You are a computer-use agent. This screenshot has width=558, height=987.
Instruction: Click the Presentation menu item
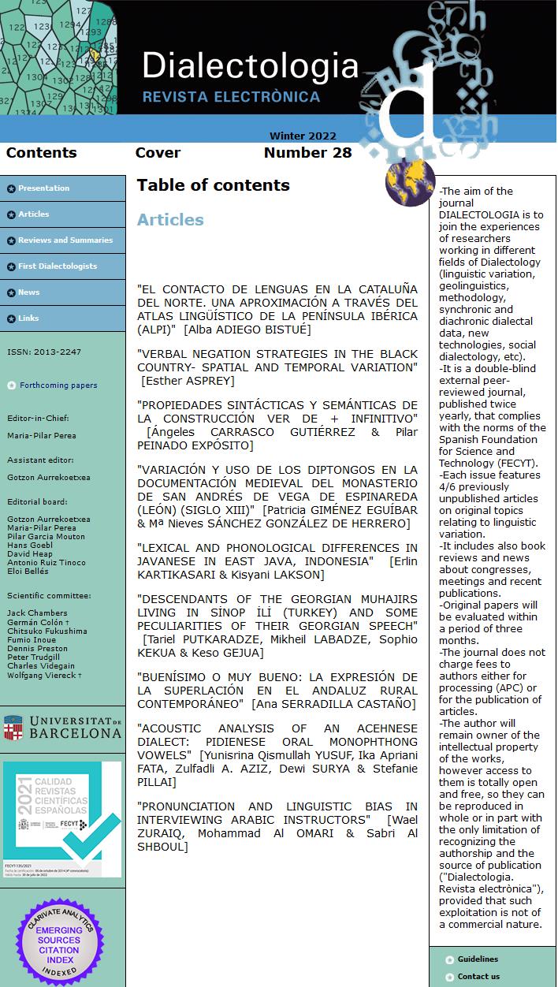[x=44, y=188]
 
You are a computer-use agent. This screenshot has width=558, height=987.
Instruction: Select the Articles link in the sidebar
[x=34, y=214]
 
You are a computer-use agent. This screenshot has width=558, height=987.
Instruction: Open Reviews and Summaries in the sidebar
[x=65, y=240]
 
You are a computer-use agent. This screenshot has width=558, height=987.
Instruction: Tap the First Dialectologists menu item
[x=58, y=266]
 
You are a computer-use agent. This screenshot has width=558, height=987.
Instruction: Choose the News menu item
[x=29, y=292]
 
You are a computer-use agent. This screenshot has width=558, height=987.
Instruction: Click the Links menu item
[x=28, y=318]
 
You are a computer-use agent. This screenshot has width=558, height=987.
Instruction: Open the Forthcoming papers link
[x=58, y=385]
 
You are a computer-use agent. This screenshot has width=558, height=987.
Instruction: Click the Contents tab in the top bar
[x=42, y=153]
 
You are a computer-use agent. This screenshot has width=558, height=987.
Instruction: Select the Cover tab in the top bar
[x=158, y=153]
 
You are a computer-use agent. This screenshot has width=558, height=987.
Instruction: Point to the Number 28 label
[x=307, y=153]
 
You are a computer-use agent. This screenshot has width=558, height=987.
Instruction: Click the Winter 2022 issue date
[x=303, y=136]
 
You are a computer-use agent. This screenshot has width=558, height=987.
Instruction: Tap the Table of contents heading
[x=214, y=185]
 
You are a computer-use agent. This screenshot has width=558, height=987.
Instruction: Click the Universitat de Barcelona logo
[x=62, y=728]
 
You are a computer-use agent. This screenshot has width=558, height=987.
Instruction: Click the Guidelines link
[x=478, y=959]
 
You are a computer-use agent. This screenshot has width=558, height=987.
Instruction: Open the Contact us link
[x=478, y=977]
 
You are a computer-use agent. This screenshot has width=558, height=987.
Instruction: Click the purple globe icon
[x=410, y=181]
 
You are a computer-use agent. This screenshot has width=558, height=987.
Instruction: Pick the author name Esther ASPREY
[x=188, y=381]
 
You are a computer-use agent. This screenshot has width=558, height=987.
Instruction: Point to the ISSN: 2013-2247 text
[x=44, y=352]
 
